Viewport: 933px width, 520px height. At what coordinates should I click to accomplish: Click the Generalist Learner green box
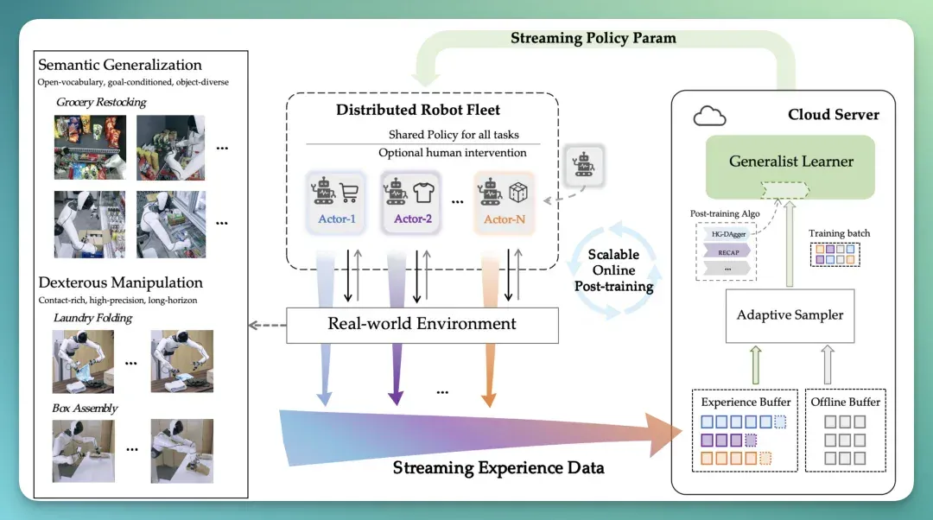pos(790,167)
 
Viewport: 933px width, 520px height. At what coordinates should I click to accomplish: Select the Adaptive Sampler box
pos(790,315)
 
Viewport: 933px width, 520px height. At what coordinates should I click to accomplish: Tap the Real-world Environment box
pos(422,325)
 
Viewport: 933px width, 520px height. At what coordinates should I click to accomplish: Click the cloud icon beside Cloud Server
pos(710,116)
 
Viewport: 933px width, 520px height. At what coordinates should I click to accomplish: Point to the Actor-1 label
pos(337,219)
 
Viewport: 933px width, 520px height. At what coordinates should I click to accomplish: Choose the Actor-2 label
pos(412,219)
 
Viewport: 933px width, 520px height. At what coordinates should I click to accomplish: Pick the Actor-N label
pos(504,219)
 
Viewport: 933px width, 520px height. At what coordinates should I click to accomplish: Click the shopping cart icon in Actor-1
pos(349,192)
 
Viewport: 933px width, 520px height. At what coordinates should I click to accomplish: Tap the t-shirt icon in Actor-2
pos(423,192)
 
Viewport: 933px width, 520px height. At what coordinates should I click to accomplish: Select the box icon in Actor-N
pos(518,192)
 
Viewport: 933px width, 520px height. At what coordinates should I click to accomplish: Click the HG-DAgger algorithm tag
pos(727,234)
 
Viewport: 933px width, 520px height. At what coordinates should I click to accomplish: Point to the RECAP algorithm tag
pos(727,252)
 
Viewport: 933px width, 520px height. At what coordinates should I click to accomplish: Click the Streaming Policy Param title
pos(593,38)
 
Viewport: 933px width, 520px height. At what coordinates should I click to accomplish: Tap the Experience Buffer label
pos(746,403)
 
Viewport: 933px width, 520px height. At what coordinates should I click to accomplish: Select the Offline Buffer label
pos(845,403)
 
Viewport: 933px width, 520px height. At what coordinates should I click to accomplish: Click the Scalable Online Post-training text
pos(613,270)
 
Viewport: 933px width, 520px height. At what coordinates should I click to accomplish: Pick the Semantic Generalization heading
pos(119,65)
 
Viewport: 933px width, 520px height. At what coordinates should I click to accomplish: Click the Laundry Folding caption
pos(92,318)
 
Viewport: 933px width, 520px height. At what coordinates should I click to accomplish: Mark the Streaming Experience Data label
pos(498,467)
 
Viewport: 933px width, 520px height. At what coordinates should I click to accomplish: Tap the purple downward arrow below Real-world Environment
pos(396,374)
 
